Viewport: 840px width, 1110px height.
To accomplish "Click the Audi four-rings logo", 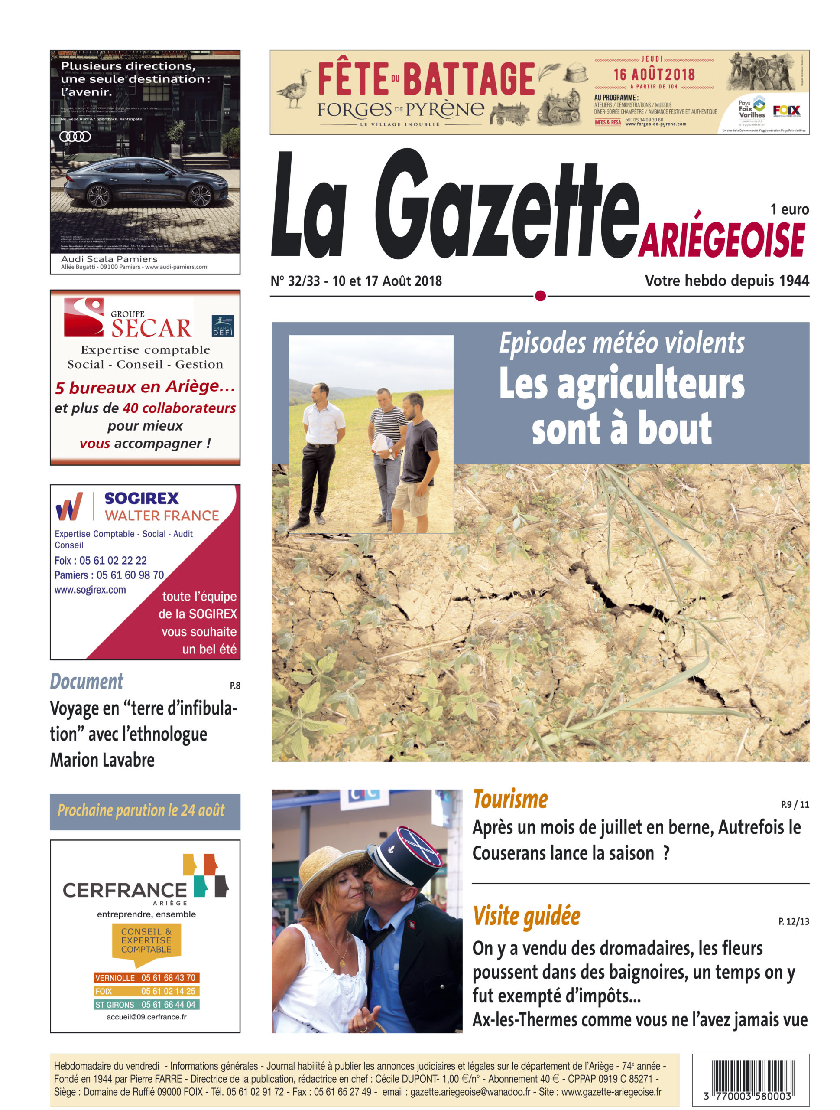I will tap(75, 137).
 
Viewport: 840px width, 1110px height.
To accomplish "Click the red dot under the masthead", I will tap(540, 296).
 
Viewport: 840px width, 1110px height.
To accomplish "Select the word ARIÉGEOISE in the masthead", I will tap(721, 240).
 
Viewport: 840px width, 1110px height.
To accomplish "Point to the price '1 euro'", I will tap(789, 209).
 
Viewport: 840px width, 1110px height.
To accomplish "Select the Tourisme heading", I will tap(510, 800).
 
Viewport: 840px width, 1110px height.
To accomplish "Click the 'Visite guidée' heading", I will tap(526, 916).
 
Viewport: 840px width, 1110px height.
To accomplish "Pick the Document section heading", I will tap(86, 682).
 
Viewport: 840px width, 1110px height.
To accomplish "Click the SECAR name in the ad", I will tap(151, 328).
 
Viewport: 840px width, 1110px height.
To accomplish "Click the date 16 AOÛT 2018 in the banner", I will tap(654, 75).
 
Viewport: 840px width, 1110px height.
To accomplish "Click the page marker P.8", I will tap(235, 686).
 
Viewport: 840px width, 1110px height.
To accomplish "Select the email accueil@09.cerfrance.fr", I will tap(146, 1017).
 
